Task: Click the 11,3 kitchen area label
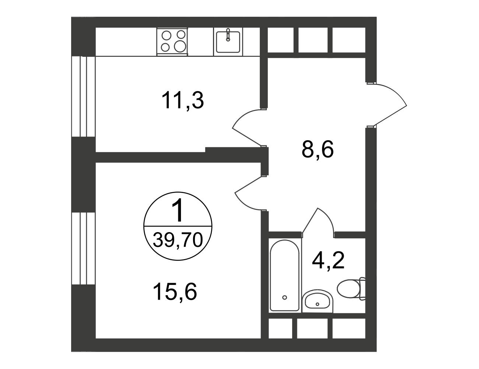183,101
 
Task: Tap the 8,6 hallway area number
318,149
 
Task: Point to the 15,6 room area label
175,292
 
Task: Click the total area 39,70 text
178,240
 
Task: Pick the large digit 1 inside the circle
178,210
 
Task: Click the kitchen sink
228,42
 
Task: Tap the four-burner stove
172,41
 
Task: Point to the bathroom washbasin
317,301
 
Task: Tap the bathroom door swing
318,223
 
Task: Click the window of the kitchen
83,97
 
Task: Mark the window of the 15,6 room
83,248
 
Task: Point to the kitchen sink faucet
228,35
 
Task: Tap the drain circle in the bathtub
284,297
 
